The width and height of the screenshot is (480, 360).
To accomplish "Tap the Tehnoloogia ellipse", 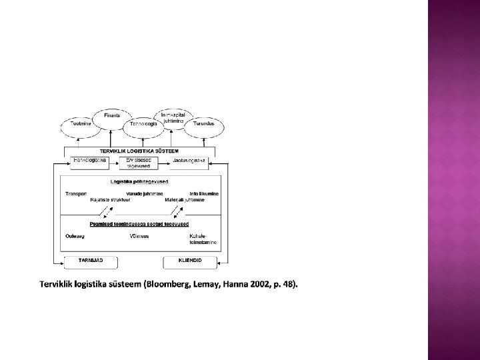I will [143, 124].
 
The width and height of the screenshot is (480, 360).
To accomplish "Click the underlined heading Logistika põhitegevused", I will [139, 181].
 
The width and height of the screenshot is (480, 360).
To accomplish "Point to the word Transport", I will [75, 194].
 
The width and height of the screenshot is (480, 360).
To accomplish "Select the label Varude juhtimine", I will [143, 194].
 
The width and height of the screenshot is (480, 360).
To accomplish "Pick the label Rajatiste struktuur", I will [108, 200].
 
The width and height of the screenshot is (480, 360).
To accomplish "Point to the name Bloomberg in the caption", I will [159, 285].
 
